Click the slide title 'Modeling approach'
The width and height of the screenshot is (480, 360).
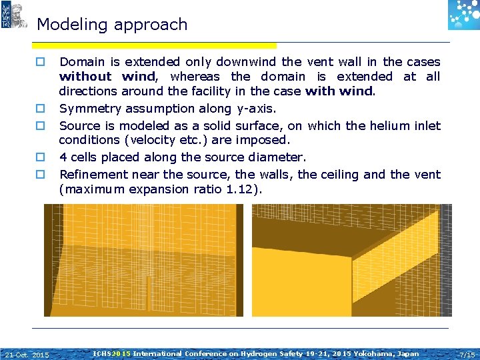click(112, 25)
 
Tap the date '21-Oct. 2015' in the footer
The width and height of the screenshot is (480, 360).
click(27, 354)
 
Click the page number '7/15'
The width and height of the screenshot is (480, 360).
click(467, 354)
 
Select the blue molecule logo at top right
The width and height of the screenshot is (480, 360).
click(463, 15)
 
